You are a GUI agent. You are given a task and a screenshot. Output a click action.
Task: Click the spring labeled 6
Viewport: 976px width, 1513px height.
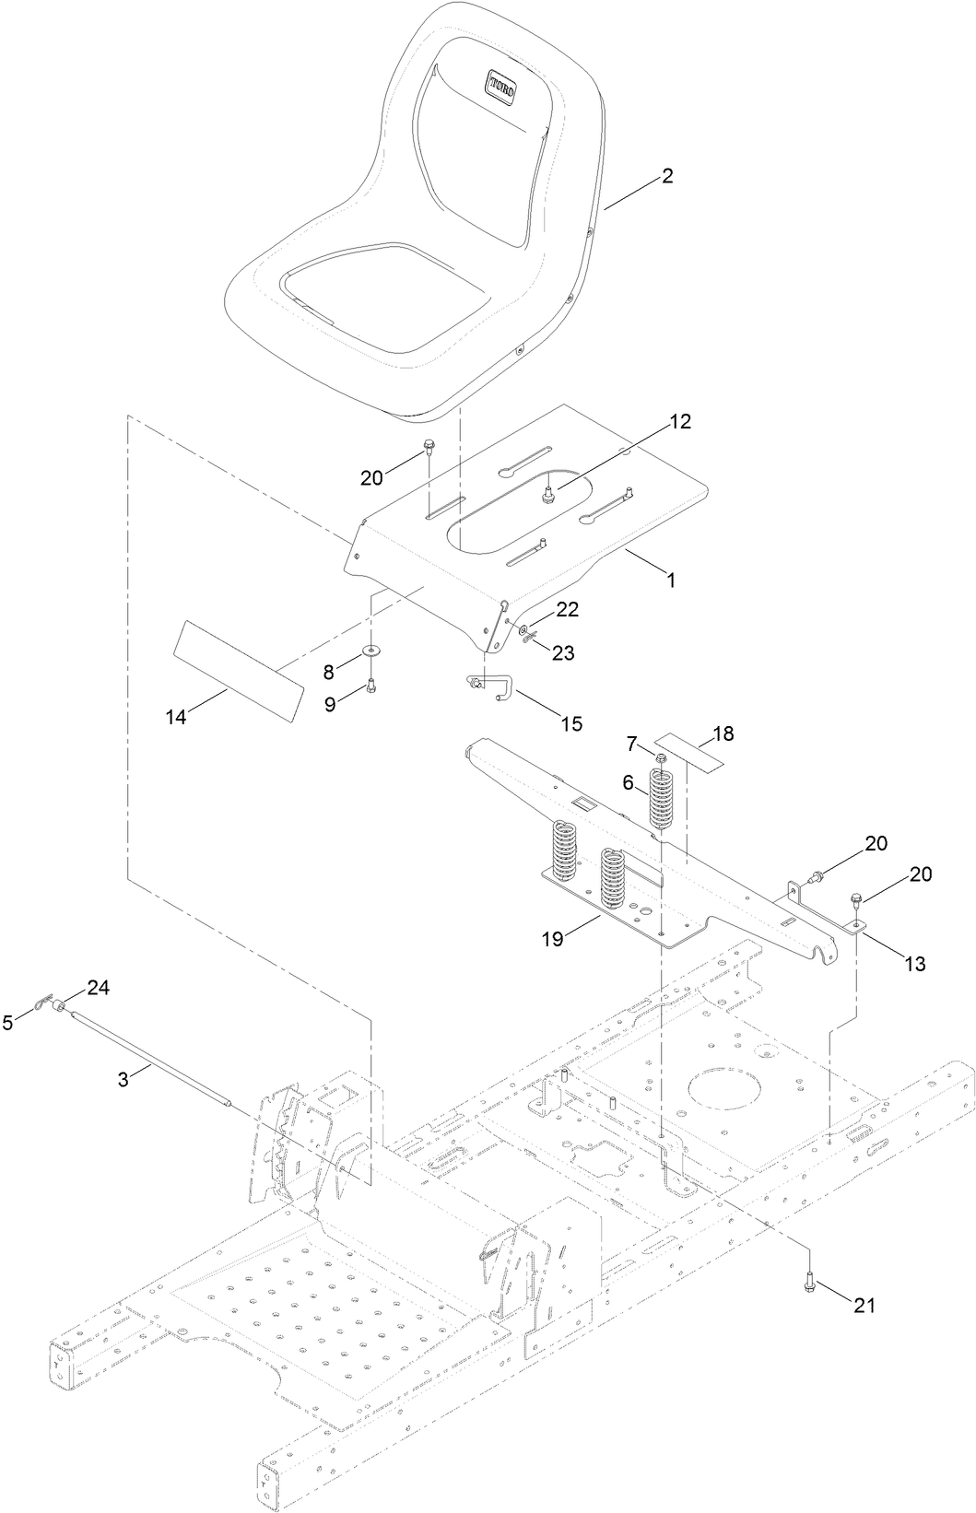click(662, 798)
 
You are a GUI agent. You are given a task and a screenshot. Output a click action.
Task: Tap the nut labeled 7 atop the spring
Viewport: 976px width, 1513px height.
click(662, 756)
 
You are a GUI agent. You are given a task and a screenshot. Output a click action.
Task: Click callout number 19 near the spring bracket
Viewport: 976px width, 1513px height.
click(552, 939)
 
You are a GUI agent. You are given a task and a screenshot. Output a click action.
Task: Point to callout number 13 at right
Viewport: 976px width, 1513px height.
click(915, 964)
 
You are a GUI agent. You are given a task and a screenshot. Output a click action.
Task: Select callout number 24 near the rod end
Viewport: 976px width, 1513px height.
click(98, 987)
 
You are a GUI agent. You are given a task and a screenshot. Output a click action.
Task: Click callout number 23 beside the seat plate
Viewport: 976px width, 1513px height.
click(562, 652)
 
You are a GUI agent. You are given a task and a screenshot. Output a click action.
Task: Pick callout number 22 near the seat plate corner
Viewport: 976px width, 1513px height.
click(567, 610)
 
